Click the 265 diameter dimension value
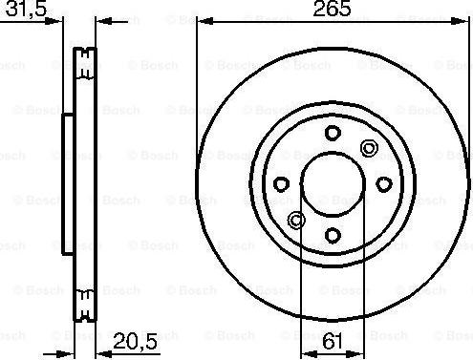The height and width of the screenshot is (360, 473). click(332, 9)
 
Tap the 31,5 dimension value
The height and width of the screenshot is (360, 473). click(26, 9)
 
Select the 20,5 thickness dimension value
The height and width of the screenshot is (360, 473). click(135, 342)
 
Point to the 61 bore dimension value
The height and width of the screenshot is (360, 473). click(333, 341)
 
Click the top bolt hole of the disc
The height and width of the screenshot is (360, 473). click(333, 133)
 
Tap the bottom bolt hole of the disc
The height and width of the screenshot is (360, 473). click(333, 236)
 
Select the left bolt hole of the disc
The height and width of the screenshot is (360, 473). click(281, 184)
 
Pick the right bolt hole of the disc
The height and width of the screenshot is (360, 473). click(384, 184)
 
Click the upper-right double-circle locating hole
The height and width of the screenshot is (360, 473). click(369, 148)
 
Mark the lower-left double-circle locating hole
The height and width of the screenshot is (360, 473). click(296, 220)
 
